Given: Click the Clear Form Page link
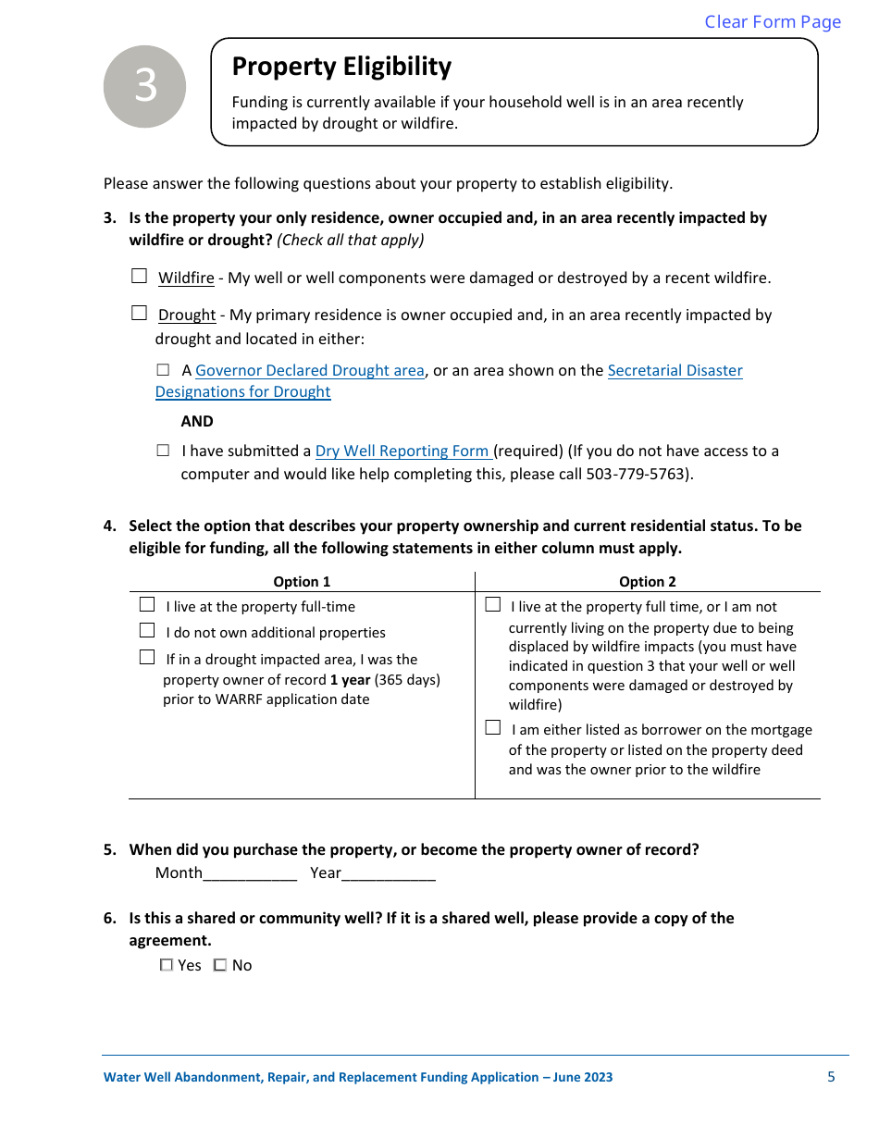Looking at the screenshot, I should point(773,21).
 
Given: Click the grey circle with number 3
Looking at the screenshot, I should point(145,86).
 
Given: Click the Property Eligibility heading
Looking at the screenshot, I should point(341,67).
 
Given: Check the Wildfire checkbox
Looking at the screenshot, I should point(139,276).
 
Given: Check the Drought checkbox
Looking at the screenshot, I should point(139,313).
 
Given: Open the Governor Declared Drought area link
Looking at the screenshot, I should point(309,370).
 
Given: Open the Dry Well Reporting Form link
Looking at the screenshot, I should point(402,451).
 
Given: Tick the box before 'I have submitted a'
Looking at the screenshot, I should point(163,451).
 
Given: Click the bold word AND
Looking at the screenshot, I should point(197,421).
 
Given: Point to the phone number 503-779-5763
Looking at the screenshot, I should point(637,474).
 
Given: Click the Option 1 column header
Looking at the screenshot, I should point(302,582).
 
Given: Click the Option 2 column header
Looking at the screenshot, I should point(648,582).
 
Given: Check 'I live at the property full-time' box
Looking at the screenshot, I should point(147,605).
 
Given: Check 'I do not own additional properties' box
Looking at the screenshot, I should point(147,631).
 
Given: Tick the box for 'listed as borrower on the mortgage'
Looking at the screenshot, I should point(493,728).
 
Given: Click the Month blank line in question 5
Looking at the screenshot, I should point(250,873).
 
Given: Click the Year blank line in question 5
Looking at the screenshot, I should point(389,873).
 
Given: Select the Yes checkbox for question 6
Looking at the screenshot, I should point(167,965).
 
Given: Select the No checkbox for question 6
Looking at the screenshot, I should point(220,965).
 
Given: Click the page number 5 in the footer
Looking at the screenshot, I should point(831,1077).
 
